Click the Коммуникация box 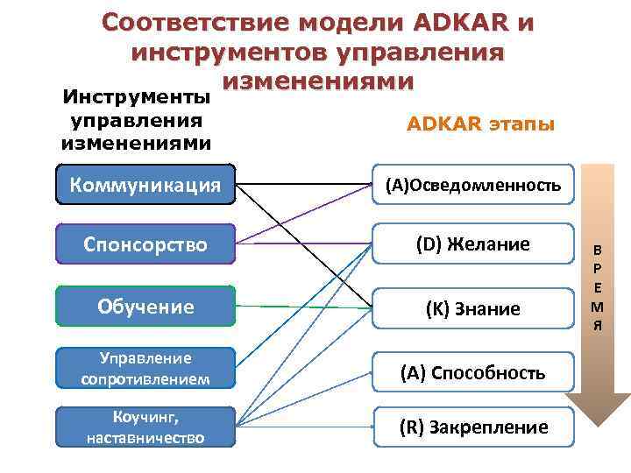(x=145, y=185)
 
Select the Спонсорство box (x=145, y=244)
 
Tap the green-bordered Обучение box (x=145, y=307)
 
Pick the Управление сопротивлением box (x=145, y=369)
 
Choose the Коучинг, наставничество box (x=145, y=427)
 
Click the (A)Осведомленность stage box (x=473, y=185)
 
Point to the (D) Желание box (x=473, y=244)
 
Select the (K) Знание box (x=473, y=308)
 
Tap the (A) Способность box (x=473, y=373)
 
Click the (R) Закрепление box (x=473, y=427)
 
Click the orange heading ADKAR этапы (x=480, y=124)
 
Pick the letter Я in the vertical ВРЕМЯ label (x=597, y=326)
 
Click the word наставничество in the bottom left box (x=145, y=437)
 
